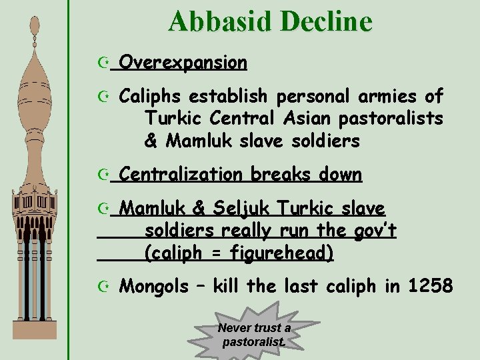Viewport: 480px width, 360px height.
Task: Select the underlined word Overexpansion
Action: [185, 63]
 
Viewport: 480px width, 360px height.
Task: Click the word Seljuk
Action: [240, 209]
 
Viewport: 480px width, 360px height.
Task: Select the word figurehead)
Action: [282, 253]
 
